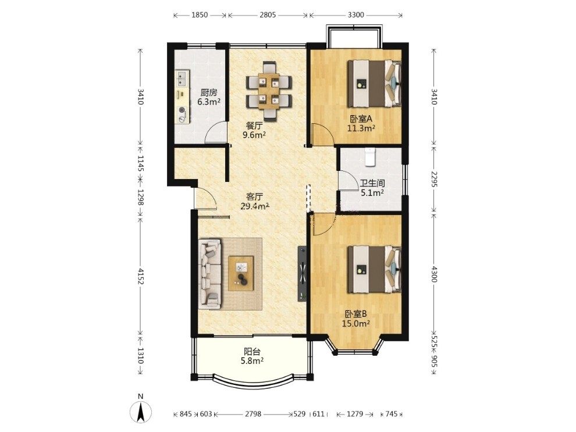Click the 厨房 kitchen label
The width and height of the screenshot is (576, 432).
(209, 93)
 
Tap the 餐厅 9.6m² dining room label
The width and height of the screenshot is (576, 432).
(254, 130)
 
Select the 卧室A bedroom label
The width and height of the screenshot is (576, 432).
(361, 119)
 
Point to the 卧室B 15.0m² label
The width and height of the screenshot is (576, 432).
(355, 319)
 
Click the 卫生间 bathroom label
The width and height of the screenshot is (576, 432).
(372, 183)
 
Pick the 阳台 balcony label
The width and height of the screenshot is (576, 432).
(252, 352)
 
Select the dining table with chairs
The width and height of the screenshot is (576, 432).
(269, 91)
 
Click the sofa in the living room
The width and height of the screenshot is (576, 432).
(210, 274)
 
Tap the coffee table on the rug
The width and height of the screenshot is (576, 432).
(241, 273)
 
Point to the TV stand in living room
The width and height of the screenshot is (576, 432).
(302, 273)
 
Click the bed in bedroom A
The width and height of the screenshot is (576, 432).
(374, 84)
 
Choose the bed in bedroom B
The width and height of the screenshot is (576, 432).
(374, 269)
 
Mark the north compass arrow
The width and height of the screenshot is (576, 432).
(140, 412)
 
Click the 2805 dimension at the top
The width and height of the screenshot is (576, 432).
(268, 15)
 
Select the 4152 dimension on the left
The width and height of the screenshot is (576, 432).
(140, 276)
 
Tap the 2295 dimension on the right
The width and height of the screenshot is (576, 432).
(434, 178)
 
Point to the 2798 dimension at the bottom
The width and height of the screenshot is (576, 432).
(253, 414)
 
